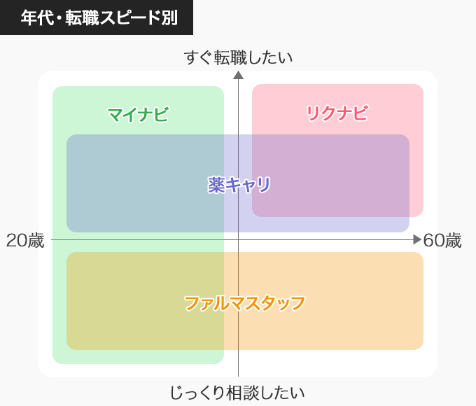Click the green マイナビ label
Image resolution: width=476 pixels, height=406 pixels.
click(138, 115)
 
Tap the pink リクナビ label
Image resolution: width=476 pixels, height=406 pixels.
click(337, 113)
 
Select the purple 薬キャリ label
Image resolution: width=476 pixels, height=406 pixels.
click(239, 185)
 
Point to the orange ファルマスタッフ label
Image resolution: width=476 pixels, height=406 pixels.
click(245, 303)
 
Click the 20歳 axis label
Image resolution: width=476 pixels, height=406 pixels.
click(25, 241)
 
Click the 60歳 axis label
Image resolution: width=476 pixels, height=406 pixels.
click(442, 241)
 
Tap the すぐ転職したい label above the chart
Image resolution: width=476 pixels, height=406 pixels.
click(238, 57)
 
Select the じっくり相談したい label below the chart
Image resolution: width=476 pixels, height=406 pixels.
click(237, 393)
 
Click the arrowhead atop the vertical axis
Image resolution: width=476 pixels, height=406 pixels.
click(238, 75)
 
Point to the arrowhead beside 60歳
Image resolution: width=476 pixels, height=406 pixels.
click(417, 239)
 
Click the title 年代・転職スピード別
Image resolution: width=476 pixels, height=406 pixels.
click(99, 17)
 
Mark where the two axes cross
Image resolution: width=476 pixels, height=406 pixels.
click(238, 239)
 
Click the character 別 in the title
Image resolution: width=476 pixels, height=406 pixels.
click(169, 17)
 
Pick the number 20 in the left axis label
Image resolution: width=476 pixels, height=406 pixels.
click(16, 241)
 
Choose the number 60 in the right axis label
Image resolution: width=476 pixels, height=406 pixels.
click(433, 241)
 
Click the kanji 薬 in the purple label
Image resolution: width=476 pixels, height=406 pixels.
click(216, 185)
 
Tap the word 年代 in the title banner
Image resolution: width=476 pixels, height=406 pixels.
click(38, 17)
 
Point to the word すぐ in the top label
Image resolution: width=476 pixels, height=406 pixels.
click(198, 57)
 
